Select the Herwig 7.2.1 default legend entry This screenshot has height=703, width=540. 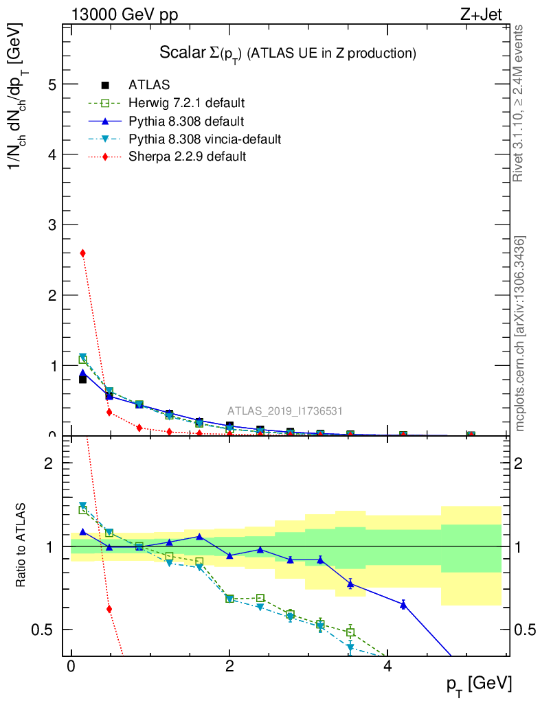(x=186, y=104)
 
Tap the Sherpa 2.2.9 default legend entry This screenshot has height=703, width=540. (x=187, y=157)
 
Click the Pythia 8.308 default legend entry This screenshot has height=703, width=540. (x=185, y=122)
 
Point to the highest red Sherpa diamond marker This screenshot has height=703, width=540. (x=83, y=253)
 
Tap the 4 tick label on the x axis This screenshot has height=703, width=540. (x=387, y=668)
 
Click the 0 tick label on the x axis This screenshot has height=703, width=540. (x=71, y=668)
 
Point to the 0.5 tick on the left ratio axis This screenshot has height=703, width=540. (x=46, y=630)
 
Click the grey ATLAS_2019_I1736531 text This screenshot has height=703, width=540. (x=285, y=411)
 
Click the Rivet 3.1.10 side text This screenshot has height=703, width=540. (x=519, y=103)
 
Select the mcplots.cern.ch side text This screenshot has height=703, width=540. (x=520, y=333)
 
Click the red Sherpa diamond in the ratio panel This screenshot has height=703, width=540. (x=109, y=609)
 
